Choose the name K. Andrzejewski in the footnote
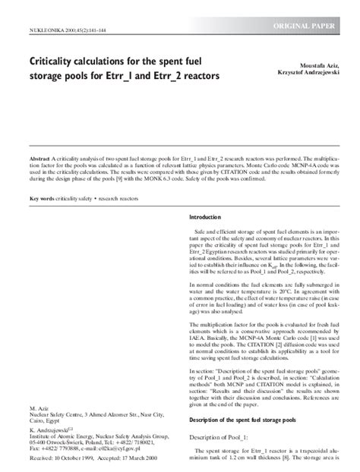pyautogui.click(x=52, y=430)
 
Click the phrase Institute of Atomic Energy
pyautogui.click(x=65, y=436)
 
